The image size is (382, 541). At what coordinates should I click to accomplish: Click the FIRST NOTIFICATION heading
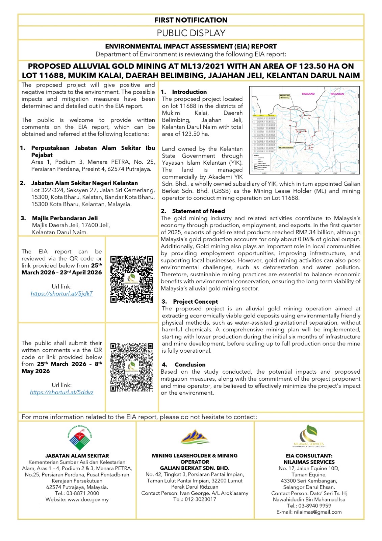click(x=191, y=20)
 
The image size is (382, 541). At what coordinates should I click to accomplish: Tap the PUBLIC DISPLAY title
click(x=191, y=33)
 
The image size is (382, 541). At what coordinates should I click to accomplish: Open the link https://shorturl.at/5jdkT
click(x=61, y=293)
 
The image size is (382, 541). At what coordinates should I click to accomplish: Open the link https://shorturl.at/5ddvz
click(x=61, y=392)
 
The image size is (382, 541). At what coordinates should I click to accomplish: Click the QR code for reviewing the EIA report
click(x=132, y=279)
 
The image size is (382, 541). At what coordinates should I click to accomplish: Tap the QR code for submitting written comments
click(x=132, y=367)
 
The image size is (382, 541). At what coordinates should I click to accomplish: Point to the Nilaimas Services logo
click(x=309, y=436)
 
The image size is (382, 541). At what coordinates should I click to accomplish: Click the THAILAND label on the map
click(x=308, y=94)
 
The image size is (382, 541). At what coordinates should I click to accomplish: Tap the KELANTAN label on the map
click(x=337, y=94)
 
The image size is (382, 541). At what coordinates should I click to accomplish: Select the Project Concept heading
click(x=195, y=302)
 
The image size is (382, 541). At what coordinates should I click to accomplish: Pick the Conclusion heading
click(x=190, y=364)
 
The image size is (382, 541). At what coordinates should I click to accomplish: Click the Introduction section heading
click(x=189, y=92)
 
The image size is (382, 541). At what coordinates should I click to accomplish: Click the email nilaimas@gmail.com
click(x=317, y=512)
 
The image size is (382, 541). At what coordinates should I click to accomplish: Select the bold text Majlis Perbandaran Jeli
click(x=65, y=218)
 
